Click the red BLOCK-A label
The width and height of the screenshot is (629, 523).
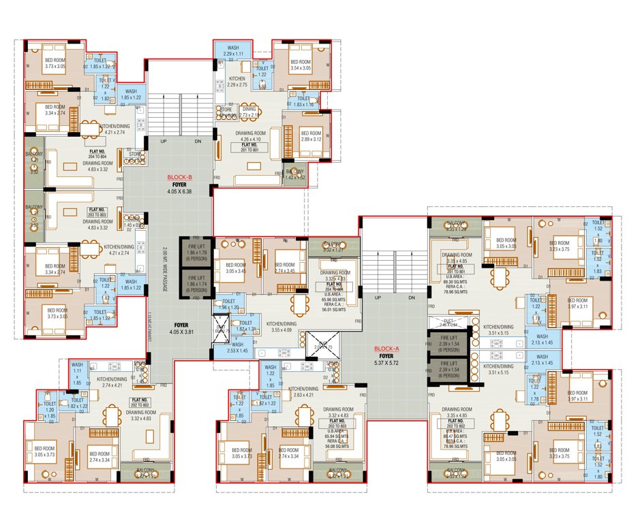[x=386, y=348]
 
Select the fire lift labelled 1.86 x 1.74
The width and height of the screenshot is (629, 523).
[x=196, y=284]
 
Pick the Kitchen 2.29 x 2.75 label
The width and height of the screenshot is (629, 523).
[x=236, y=82]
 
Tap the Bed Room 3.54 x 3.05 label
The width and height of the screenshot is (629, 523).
[x=300, y=66]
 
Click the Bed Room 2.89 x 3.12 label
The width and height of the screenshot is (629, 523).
[x=311, y=136]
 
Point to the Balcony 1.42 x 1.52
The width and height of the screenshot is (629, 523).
[x=295, y=174]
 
